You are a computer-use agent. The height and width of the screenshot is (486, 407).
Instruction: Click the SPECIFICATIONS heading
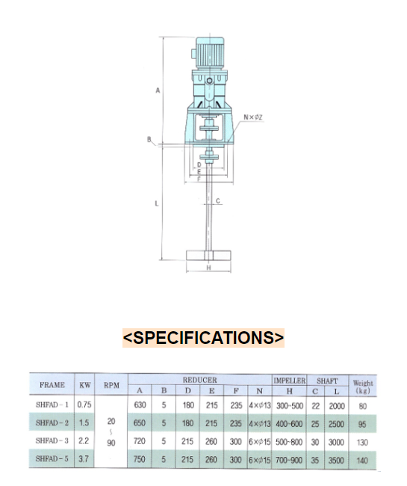pyautogui.click(x=203, y=337)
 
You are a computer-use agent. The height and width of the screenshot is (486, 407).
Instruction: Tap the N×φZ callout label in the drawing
pyautogui.click(x=253, y=117)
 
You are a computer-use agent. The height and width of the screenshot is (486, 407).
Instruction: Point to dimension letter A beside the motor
pyautogui.click(x=158, y=90)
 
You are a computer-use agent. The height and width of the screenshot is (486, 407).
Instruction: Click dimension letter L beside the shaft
pyautogui.click(x=157, y=203)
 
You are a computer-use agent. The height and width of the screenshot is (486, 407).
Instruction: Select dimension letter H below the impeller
pyautogui.click(x=208, y=268)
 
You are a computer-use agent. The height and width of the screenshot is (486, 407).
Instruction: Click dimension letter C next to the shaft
pyautogui.click(x=218, y=201)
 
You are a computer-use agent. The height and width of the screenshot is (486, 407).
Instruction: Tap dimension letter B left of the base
pyautogui.click(x=149, y=140)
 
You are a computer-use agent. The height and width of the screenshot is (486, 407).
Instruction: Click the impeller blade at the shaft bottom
pyautogui.click(x=208, y=256)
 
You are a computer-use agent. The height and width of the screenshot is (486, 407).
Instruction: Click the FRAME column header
pyautogui.click(x=52, y=385)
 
